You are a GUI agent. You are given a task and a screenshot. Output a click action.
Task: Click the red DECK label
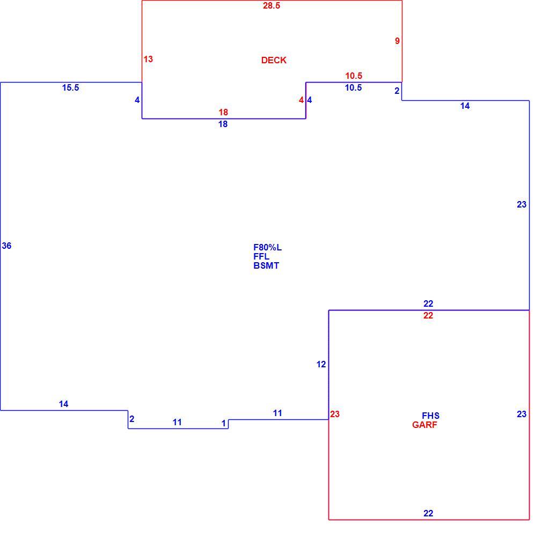(x=274, y=60)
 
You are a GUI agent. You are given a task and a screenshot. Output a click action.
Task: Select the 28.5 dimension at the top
(x=272, y=5)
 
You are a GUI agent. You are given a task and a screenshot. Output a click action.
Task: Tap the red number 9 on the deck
(x=397, y=41)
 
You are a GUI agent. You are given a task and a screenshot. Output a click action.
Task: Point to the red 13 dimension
(x=148, y=59)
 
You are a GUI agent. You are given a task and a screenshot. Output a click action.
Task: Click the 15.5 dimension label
(x=70, y=88)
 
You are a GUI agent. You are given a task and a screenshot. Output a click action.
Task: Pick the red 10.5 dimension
(x=354, y=76)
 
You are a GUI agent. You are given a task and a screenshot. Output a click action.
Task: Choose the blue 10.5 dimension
(x=353, y=88)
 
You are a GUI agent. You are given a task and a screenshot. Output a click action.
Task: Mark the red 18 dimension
(x=223, y=112)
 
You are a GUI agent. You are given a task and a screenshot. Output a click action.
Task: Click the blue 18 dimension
(x=223, y=124)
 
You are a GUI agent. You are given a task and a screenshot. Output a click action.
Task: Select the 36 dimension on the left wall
(x=6, y=246)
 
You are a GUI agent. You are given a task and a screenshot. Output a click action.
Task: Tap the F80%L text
(x=268, y=247)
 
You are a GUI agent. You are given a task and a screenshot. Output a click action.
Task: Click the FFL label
(x=261, y=256)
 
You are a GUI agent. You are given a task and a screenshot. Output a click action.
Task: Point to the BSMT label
(x=266, y=265)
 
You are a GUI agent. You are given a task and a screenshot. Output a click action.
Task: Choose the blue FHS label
(x=431, y=416)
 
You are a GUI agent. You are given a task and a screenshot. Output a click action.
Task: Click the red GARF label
(x=425, y=425)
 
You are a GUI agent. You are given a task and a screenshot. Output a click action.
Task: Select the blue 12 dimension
(x=321, y=364)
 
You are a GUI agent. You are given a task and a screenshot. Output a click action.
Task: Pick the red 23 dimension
(x=335, y=414)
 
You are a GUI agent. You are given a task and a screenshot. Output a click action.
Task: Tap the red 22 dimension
(x=428, y=315)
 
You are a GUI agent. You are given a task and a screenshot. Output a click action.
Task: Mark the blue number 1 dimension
(x=224, y=423)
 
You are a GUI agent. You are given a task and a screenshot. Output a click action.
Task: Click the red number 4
(x=301, y=100)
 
